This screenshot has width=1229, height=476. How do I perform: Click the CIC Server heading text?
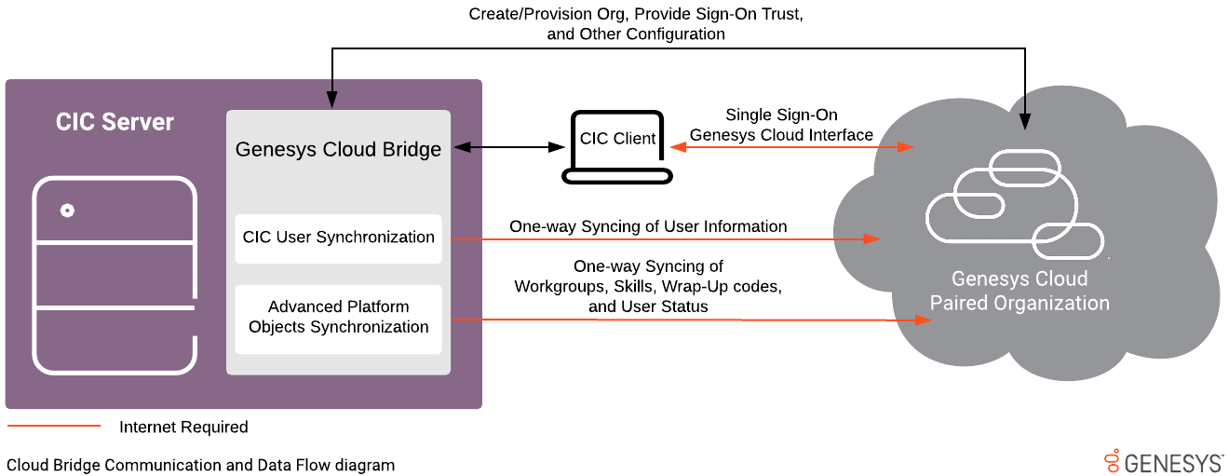pyautogui.click(x=115, y=122)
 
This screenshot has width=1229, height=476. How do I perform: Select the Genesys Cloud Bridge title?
pyautogui.click(x=338, y=149)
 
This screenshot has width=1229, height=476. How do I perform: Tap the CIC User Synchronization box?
pyautogui.click(x=338, y=238)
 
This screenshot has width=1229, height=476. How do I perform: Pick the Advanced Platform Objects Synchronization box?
pyautogui.click(x=338, y=318)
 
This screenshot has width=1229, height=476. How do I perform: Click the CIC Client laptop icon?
pyautogui.click(x=616, y=146)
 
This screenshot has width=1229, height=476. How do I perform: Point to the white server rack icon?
pyautogui.click(x=115, y=275)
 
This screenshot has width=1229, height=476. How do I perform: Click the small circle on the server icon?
pyautogui.click(x=67, y=211)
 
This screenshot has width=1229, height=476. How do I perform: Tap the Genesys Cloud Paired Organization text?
pyautogui.click(x=1020, y=292)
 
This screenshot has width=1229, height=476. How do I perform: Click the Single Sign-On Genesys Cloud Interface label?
pyautogui.click(x=781, y=126)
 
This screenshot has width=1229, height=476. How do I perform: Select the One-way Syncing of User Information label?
pyautogui.click(x=648, y=226)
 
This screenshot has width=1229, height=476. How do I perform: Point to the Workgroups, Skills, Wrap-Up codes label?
pyautogui.click(x=648, y=287)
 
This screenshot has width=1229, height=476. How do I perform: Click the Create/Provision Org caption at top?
pyautogui.click(x=637, y=24)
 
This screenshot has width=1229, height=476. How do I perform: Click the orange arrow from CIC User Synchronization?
pyautogui.click(x=666, y=239)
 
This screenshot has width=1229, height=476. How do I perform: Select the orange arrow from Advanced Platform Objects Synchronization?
pyautogui.click(x=689, y=320)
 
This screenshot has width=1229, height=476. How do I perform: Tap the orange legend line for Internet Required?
pyautogui.click(x=54, y=427)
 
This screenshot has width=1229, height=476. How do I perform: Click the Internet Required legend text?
pyautogui.click(x=183, y=428)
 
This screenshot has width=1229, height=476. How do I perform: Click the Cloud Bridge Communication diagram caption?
pyautogui.click(x=201, y=465)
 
